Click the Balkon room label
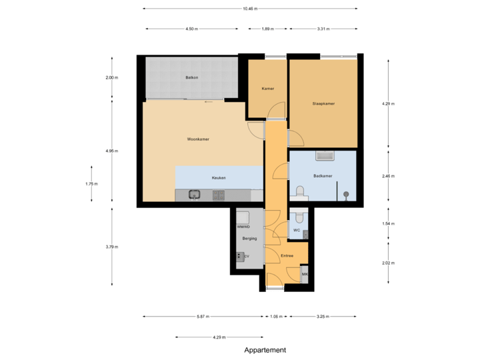191,78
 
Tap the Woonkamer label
199,139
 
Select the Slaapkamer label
323,104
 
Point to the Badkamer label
323,176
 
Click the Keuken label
219,178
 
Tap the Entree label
287,255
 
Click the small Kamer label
267,89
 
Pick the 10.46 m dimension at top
249,9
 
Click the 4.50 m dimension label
191,29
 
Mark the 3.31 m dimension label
323,29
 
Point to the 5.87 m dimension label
203,317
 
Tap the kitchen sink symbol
195,195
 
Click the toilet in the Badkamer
299,193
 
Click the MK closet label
305,274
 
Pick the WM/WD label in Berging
243,227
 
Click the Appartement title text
265,350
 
